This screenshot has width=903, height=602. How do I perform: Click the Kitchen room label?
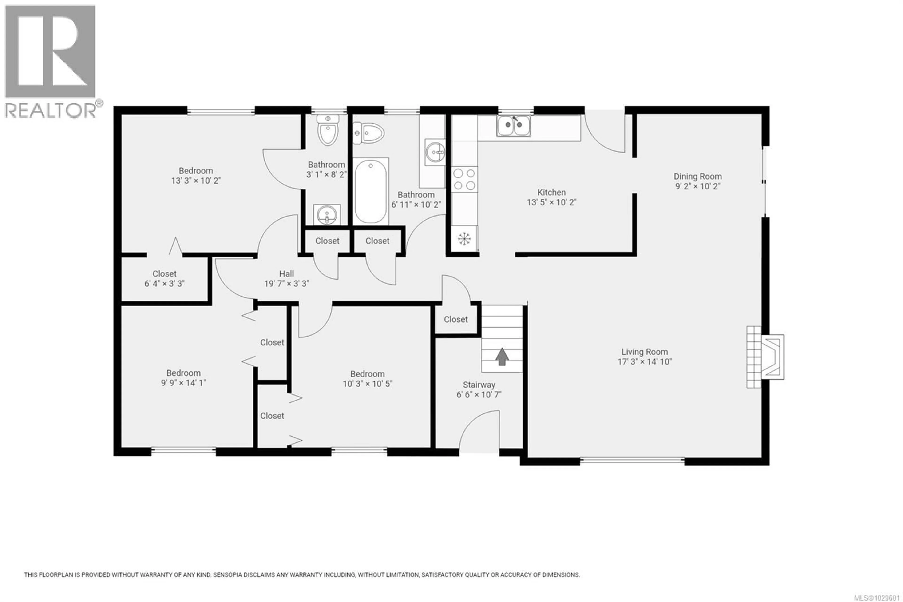(551, 192)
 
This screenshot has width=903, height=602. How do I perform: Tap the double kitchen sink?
(514, 125)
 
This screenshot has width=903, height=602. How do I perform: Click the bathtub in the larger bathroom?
(371, 191)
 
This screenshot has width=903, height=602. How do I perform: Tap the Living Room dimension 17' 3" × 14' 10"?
(645, 362)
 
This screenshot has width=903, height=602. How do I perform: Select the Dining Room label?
(697, 177)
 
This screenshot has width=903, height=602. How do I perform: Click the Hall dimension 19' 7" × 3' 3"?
(287, 284)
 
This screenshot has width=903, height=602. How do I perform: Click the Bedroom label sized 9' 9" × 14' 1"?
(183, 373)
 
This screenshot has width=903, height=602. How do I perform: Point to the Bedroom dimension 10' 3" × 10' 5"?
(368, 384)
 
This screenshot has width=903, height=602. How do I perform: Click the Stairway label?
(479, 385)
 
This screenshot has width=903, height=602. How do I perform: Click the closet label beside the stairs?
(456, 319)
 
